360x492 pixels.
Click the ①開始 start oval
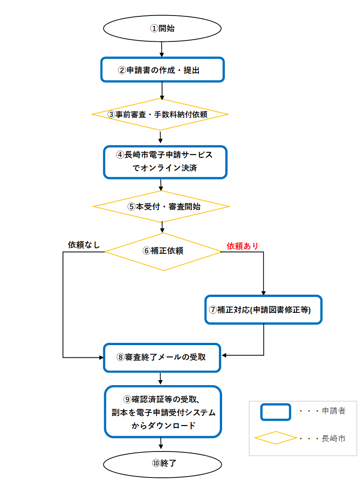point(162,28)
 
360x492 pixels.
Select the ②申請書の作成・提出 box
point(162,70)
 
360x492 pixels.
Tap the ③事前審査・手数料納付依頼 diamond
point(160,114)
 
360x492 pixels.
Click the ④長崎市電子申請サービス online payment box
point(165,161)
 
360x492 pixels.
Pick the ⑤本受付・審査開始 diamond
point(162,206)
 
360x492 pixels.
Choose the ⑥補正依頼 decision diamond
point(163,251)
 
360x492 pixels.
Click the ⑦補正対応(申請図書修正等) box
point(264,310)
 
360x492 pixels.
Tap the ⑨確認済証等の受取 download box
point(163,412)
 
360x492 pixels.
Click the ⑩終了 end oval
point(163,463)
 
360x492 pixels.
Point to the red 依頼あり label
point(243,246)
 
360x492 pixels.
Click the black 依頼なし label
point(84,244)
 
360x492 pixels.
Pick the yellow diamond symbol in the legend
point(275,438)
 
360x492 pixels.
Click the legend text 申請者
point(334,411)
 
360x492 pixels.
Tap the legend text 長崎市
point(334,438)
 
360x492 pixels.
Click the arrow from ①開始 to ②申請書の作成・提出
point(162,48)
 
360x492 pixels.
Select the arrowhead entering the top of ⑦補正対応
point(264,293)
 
